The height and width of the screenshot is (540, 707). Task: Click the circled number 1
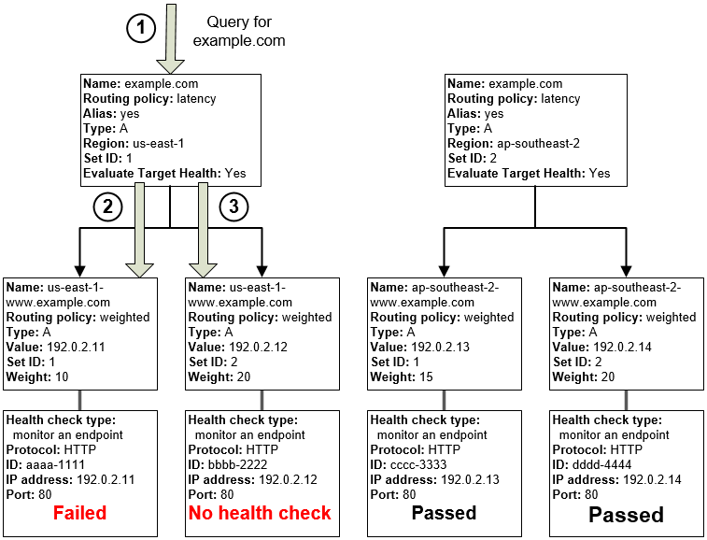tap(140, 29)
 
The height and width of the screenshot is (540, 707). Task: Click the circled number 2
tap(107, 207)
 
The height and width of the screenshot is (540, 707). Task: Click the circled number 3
tap(233, 207)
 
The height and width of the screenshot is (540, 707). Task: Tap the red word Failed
tap(79, 513)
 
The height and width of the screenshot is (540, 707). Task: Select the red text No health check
tap(260, 513)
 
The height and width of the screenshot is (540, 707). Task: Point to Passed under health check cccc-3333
tap(444, 513)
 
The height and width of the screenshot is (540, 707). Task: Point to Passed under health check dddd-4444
tap(626, 515)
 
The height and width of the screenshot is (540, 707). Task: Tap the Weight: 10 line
tap(38, 377)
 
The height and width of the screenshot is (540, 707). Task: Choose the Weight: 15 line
tap(403, 377)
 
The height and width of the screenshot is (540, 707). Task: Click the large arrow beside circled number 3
tap(201, 229)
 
